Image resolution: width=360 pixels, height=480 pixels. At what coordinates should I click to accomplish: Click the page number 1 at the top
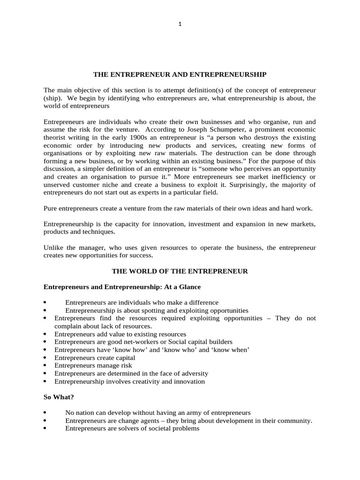click(180, 25)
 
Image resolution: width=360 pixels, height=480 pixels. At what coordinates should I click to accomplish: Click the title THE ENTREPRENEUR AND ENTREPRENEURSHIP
click(180, 75)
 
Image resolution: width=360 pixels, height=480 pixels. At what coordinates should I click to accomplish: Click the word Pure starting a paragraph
click(52, 208)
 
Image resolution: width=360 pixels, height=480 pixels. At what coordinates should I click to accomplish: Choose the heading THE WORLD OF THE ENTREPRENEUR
click(180, 271)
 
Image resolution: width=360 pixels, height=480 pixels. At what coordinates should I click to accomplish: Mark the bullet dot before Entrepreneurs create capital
click(45, 358)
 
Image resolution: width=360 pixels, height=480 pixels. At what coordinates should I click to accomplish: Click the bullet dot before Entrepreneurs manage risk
click(45, 366)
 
